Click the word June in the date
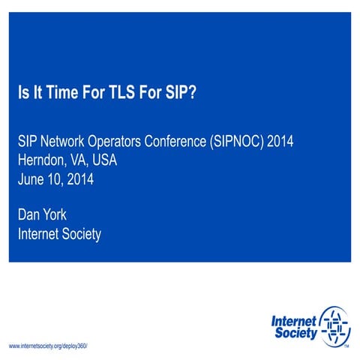32,178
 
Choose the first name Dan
31,216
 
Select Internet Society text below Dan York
59,235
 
